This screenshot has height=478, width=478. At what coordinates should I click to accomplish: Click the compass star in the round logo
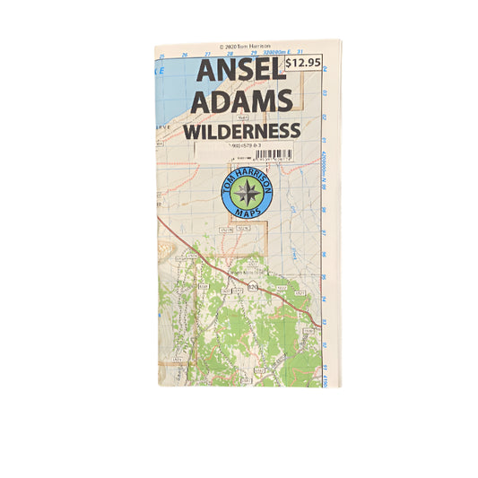(246, 193)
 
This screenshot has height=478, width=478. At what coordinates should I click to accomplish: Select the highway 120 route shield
(253, 287)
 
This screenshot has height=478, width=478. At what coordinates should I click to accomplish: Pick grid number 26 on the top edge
(185, 54)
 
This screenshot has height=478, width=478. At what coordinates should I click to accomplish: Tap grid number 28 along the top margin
(231, 54)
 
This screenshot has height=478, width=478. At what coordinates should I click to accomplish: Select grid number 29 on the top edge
(255, 54)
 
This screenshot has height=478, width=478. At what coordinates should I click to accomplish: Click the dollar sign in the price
(290, 64)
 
